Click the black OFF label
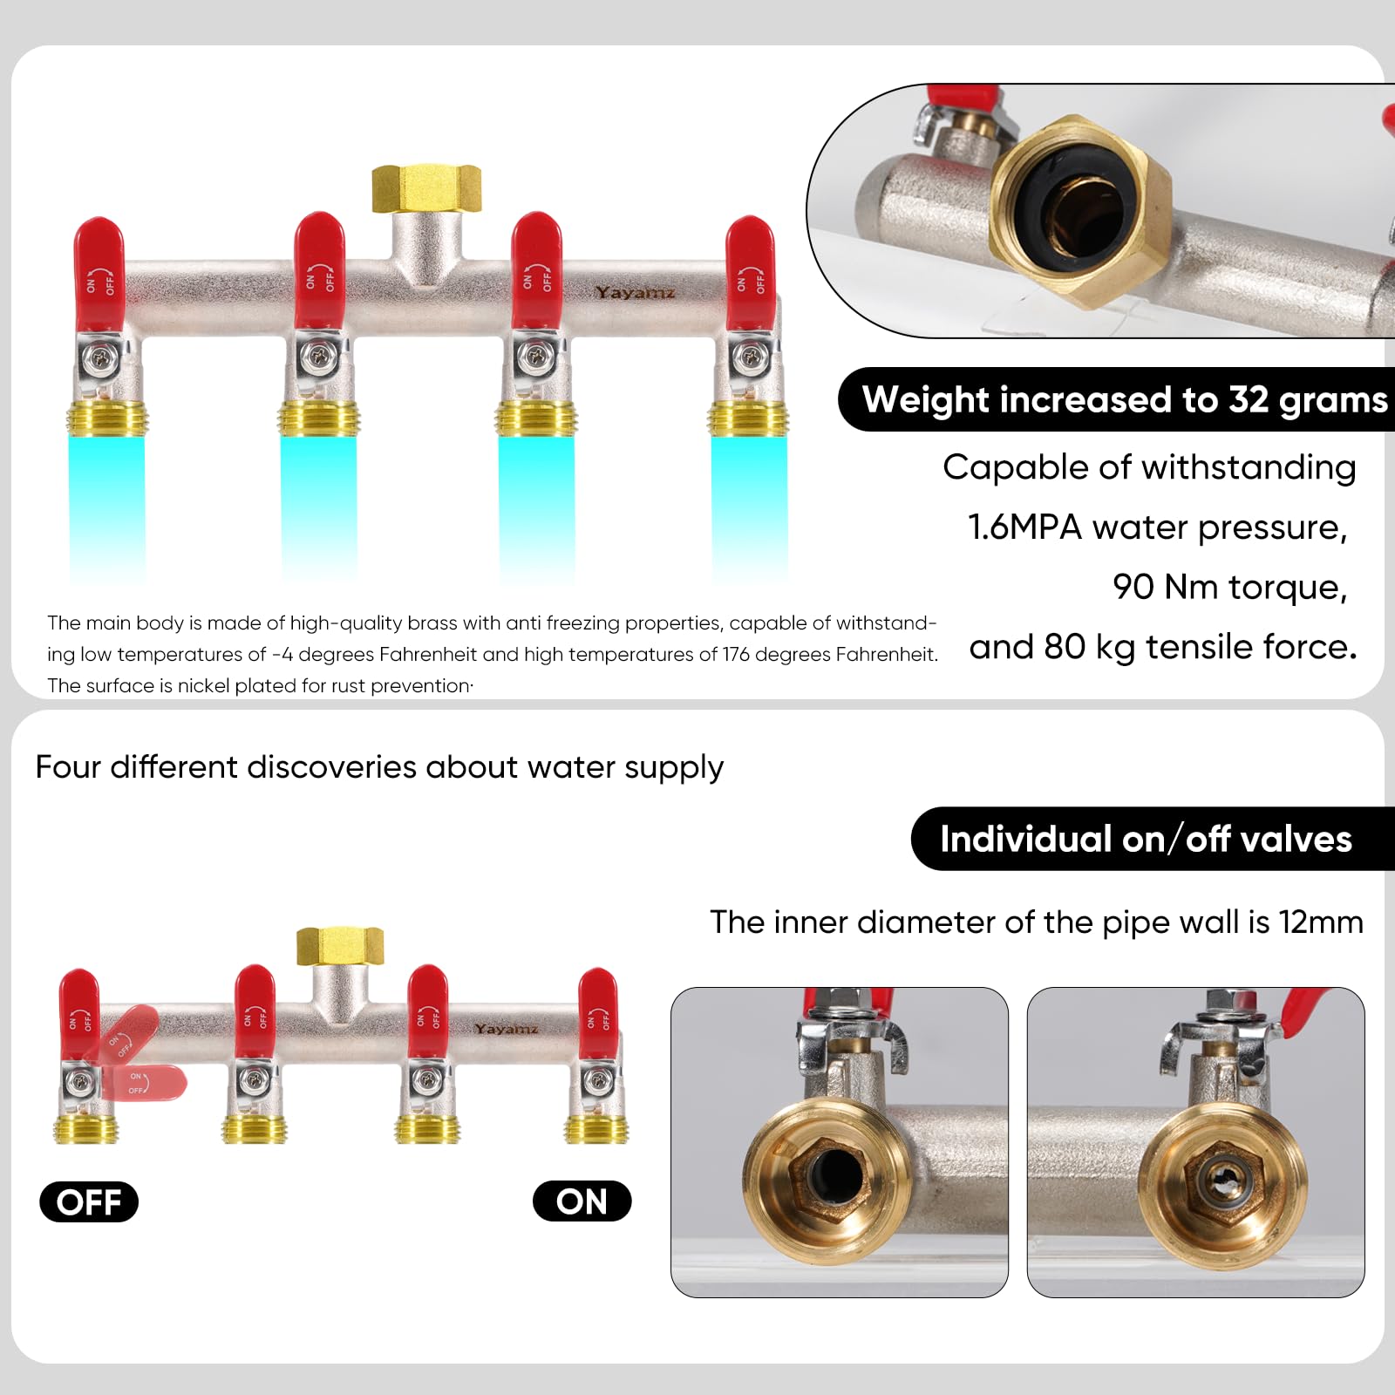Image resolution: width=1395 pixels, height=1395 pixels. [89, 1201]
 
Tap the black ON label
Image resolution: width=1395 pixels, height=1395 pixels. [582, 1201]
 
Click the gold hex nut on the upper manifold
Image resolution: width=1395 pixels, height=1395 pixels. [426, 188]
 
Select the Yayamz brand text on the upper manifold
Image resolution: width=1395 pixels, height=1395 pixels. [635, 292]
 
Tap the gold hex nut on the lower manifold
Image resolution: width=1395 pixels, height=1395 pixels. [340, 946]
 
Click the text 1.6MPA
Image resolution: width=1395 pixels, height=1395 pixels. [1024, 527]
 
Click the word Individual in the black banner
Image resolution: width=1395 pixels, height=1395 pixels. [1025, 839]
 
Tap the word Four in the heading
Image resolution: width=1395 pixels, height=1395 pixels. [69, 766]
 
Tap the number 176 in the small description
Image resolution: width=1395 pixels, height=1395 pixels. [738, 654]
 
